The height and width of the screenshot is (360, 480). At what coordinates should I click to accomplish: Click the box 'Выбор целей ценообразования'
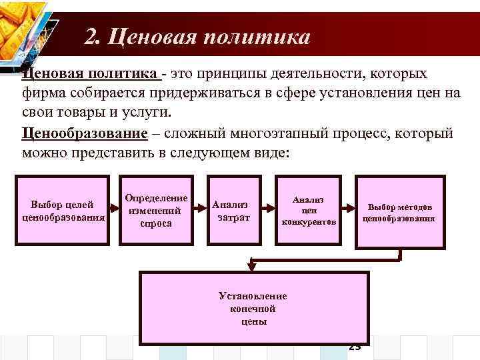(x=63, y=211)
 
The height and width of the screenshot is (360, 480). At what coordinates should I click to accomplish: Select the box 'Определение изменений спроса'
(x=157, y=211)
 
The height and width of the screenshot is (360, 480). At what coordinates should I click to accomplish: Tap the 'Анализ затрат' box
(x=233, y=211)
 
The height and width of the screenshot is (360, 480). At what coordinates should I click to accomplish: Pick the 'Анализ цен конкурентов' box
(x=308, y=211)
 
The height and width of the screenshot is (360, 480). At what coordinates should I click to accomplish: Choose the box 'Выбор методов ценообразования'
(x=399, y=211)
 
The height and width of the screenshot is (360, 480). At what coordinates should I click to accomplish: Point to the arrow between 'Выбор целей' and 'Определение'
(x=114, y=211)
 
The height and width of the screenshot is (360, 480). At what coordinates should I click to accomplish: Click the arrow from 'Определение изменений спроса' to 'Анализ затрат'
(x=201, y=211)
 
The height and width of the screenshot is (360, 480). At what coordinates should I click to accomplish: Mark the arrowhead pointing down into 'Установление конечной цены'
(x=253, y=267)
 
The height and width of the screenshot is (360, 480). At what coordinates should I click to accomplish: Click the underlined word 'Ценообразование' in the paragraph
(x=84, y=133)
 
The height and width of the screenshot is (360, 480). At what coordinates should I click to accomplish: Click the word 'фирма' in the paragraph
(x=41, y=92)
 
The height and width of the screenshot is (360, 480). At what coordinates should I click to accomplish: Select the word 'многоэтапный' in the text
(x=269, y=133)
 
